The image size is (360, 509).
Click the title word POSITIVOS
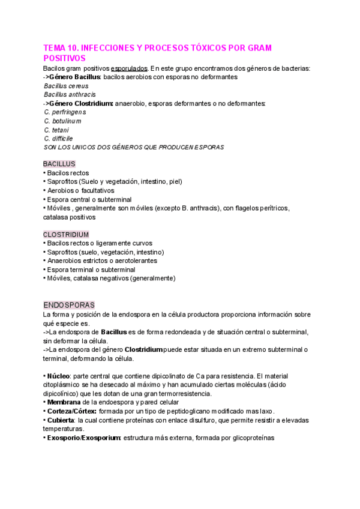pos(65,58)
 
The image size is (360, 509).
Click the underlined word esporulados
pos(129,68)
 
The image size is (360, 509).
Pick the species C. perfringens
pos(65,112)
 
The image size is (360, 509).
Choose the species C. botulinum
pos(62,121)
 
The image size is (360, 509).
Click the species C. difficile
pos(58,138)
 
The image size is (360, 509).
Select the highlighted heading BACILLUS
pos(59,164)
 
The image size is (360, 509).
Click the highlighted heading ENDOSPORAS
pos(68,305)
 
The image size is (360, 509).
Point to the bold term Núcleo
pos(60,376)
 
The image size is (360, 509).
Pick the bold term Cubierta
pos(62,420)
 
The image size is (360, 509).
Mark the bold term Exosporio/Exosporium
pos(85,438)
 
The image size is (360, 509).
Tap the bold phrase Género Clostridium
pos(81,103)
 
